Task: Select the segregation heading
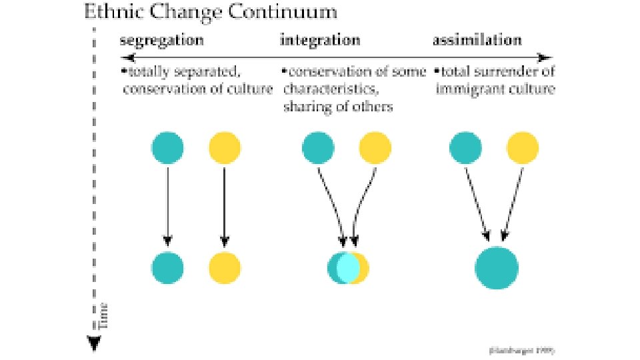pyautogui.click(x=162, y=40)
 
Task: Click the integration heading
pyautogui.click(x=320, y=40)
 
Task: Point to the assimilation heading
pyautogui.click(x=477, y=40)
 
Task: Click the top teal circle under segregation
pyautogui.click(x=167, y=148)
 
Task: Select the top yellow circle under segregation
pyautogui.click(x=225, y=148)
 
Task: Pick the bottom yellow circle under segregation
pyautogui.click(x=225, y=267)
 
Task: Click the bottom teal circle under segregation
pyautogui.click(x=167, y=267)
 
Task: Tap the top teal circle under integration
pyautogui.click(x=318, y=148)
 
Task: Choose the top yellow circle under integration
pyautogui.click(x=375, y=148)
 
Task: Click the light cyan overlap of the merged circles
pyautogui.click(x=348, y=268)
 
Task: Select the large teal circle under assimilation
pyautogui.click(x=497, y=268)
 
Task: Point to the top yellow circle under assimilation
pyautogui.click(x=522, y=148)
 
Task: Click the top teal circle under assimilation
pyautogui.click(x=465, y=148)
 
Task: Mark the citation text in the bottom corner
pyautogui.click(x=521, y=349)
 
